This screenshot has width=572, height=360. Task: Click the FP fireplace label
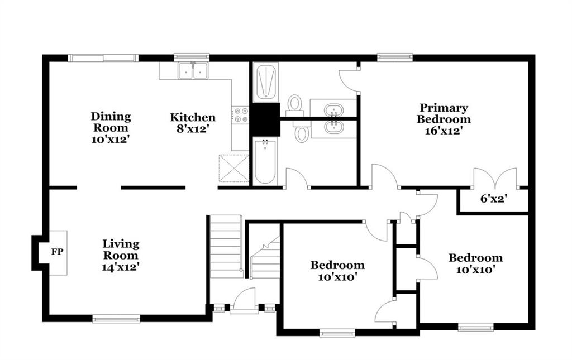click(57, 252)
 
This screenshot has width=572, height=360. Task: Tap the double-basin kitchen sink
click(193, 70)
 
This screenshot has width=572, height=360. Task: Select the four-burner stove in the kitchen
click(240, 114)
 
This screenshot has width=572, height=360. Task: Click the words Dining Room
click(111, 122)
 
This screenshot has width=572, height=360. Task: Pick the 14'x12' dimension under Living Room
click(121, 267)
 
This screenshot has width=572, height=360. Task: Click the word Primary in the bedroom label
click(444, 108)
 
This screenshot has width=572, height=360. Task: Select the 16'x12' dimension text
click(444, 131)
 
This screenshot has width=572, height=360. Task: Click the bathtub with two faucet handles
click(265, 161)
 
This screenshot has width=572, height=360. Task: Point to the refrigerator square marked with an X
click(234, 168)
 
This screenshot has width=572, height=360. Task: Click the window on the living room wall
click(116, 320)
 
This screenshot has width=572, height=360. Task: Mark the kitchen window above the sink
click(192, 57)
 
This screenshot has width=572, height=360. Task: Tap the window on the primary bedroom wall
click(395, 57)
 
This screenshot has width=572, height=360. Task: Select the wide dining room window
click(103, 57)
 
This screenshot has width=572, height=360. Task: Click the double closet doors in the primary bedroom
click(495, 179)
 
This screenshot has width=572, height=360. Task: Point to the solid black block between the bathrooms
click(266, 119)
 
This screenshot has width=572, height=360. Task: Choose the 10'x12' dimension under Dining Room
click(111, 139)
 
